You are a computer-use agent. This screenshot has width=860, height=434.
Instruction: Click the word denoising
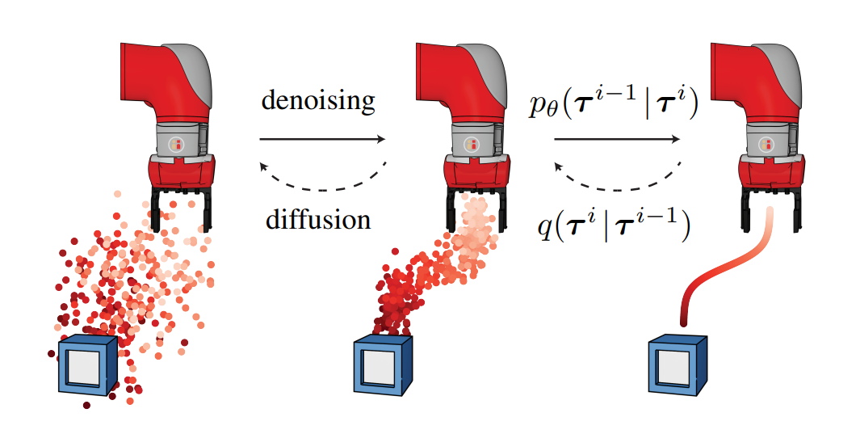[x=318, y=102]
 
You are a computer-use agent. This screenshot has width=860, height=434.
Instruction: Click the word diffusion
[x=318, y=220]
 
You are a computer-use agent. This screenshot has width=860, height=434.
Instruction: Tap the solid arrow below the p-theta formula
[x=616, y=139]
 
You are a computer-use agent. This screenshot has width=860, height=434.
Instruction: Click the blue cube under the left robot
[x=87, y=364]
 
